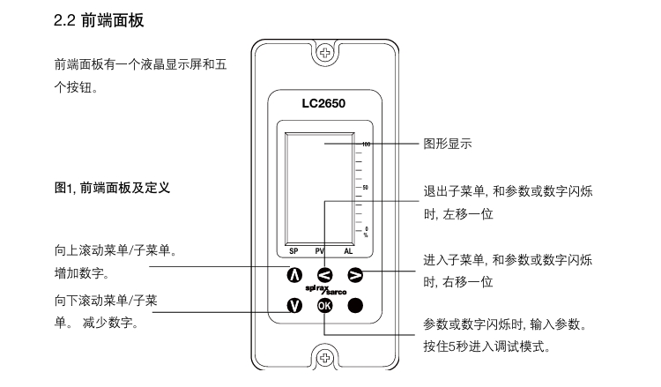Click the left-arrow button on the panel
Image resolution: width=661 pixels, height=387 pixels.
(325, 273)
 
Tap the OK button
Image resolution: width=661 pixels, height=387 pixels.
(325, 305)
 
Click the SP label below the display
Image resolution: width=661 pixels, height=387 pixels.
(293, 251)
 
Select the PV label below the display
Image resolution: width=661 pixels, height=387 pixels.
(319, 251)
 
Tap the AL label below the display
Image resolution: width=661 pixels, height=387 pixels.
(348, 251)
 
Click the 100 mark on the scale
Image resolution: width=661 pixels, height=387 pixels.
(364, 143)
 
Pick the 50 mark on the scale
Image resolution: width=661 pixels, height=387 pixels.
(365, 188)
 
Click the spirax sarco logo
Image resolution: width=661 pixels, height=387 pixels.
(325, 289)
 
